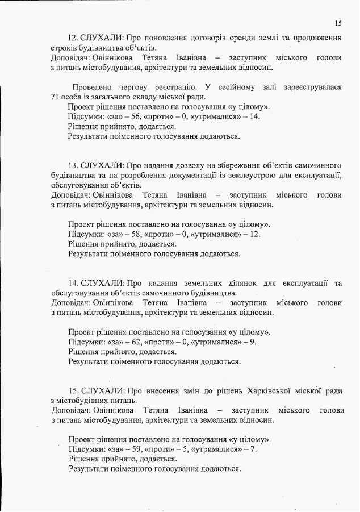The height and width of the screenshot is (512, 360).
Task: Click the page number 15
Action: pyautogui.click(x=338, y=23)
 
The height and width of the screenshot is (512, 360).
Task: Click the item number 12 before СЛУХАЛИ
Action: pyautogui.click(x=73, y=38)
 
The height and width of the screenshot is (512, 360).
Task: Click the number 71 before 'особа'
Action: pyautogui.click(x=55, y=97)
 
